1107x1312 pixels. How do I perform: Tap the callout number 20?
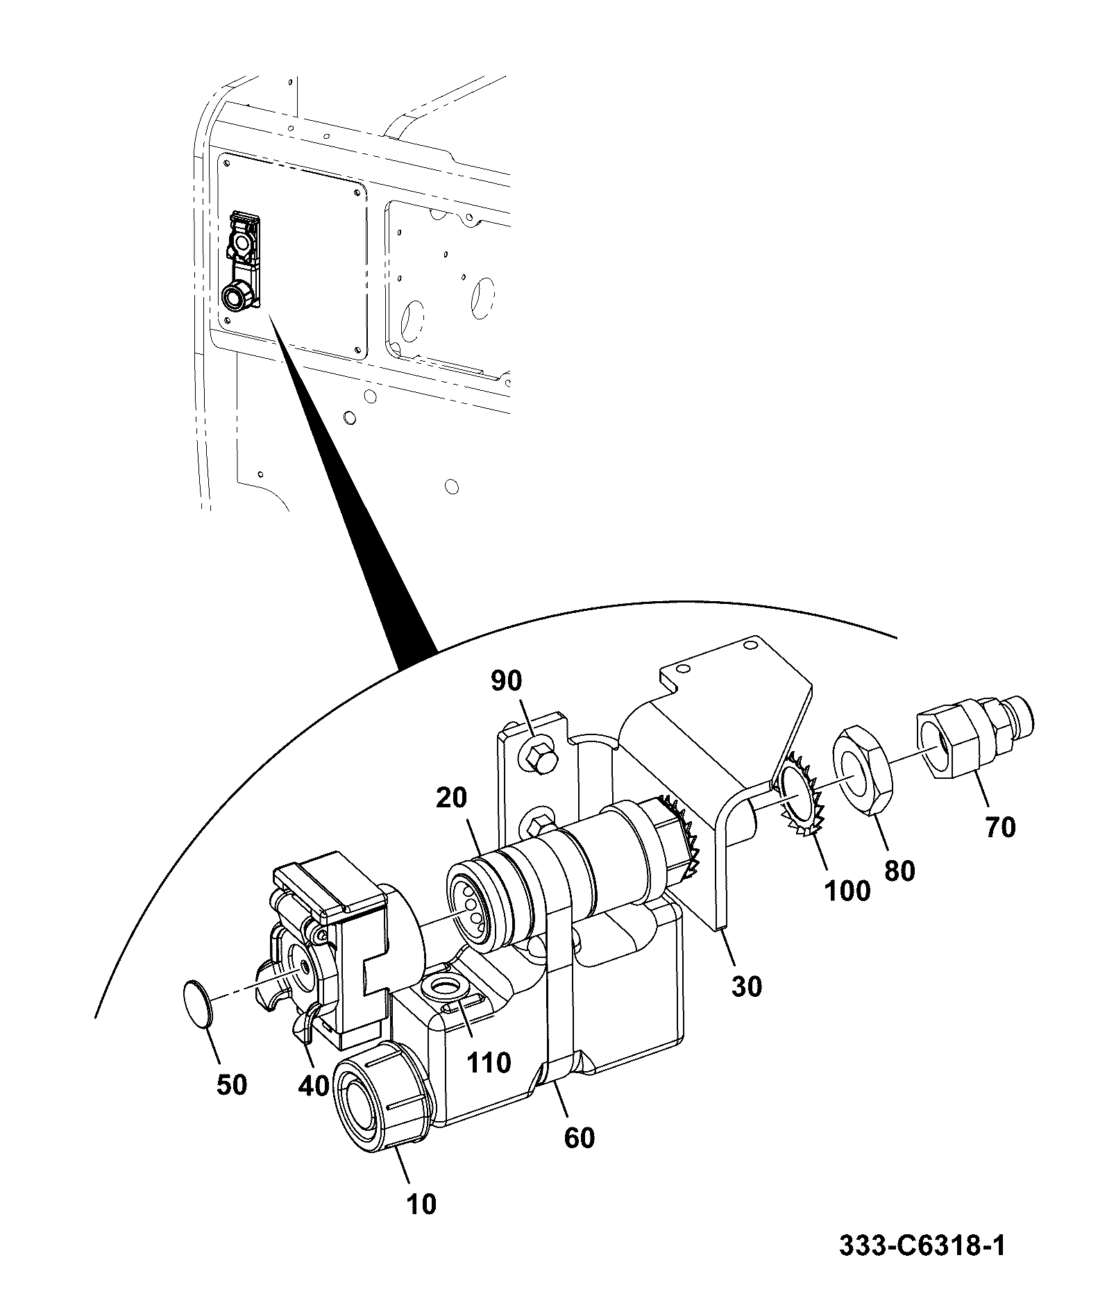(452, 798)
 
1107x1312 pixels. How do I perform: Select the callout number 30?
(747, 986)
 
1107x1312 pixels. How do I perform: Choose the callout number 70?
(1000, 827)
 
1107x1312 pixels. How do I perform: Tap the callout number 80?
(899, 871)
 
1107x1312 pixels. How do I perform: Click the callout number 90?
(506, 681)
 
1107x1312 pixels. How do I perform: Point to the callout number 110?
(489, 1063)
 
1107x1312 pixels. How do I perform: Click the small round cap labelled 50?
(196, 1004)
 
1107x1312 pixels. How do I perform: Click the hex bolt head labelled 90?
(539, 756)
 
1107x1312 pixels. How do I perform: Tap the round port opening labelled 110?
(443, 988)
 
